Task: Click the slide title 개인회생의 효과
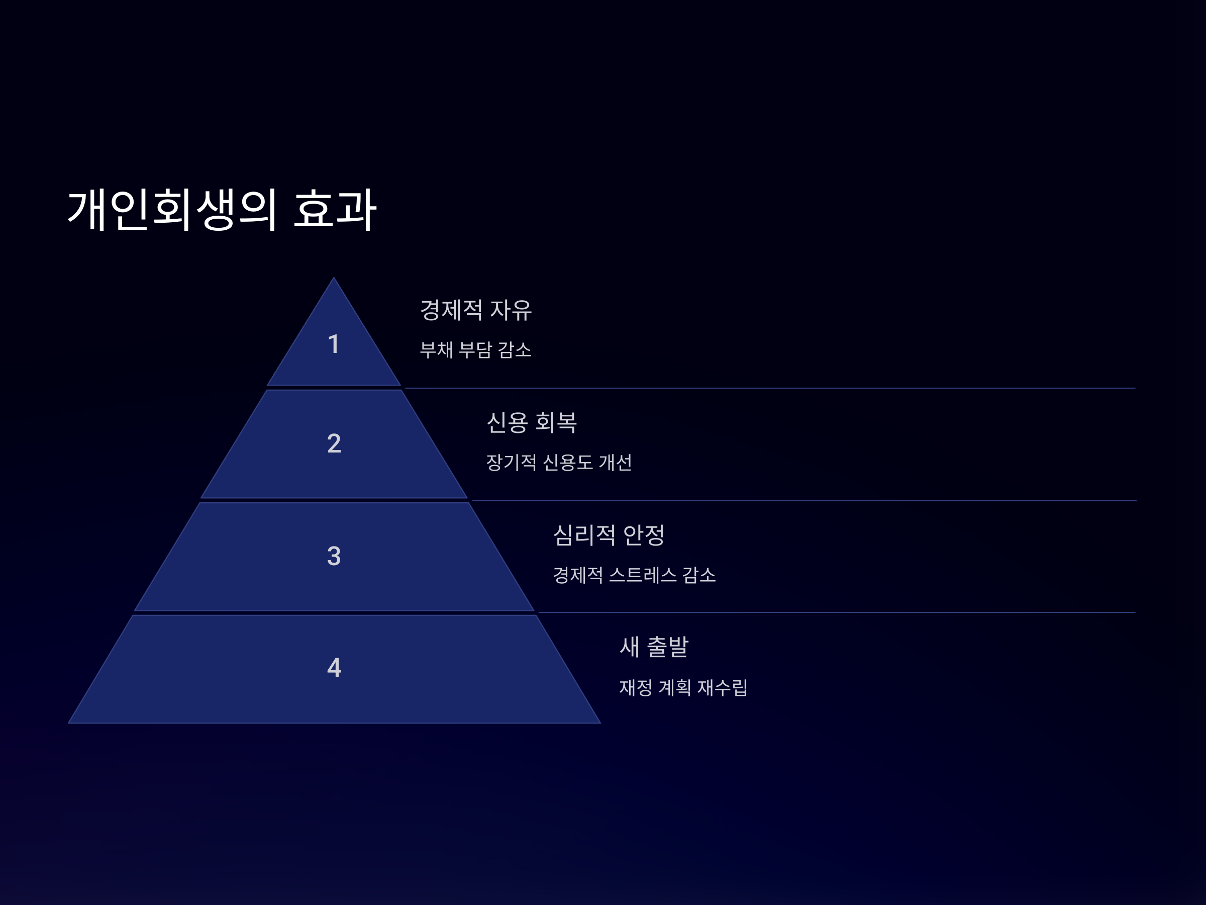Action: click(222, 210)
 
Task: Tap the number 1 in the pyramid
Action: click(334, 344)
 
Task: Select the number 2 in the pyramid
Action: click(334, 443)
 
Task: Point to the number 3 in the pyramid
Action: click(334, 556)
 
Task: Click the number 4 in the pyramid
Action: click(334, 667)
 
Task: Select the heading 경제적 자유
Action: click(475, 310)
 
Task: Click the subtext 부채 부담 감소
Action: click(475, 349)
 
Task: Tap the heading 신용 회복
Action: click(532, 422)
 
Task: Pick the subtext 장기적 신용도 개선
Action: click(559, 462)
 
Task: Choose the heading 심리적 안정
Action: click(609, 534)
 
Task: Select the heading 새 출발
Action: click(654, 647)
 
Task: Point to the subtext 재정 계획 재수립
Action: click(683, 687)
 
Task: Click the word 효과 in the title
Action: click(335, 210)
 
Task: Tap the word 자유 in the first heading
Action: click(511, 310)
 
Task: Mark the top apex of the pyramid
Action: click(334, 280)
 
